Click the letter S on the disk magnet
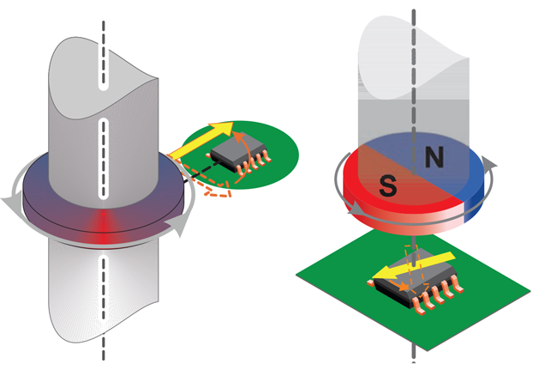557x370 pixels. tap(387, 184)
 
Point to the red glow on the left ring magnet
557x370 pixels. tap(103, 220)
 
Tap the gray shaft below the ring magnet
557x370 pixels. tap(103, 292)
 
